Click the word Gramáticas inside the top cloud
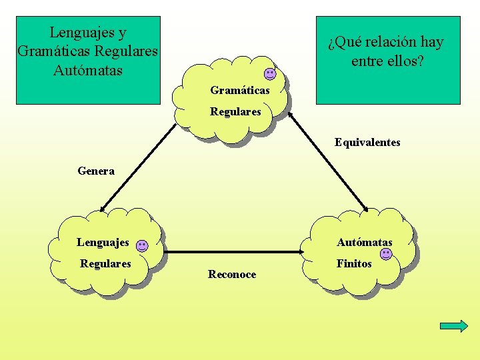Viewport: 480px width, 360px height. (239, 90)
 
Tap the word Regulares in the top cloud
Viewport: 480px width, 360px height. (235, 112)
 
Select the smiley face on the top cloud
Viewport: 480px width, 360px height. (269, 74)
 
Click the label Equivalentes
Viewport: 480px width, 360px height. (367, 142)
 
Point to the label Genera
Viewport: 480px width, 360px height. (96, 171)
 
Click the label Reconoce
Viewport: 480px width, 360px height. (232, 275)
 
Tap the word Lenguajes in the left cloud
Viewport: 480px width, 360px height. (103, 242)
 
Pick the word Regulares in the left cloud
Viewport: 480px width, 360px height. (105, 263)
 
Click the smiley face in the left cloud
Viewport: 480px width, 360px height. (142, 245)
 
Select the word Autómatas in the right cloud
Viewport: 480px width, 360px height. (365, 242)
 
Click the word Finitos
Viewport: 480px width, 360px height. (354, 263)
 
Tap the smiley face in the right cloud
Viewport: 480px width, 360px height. (386, 254)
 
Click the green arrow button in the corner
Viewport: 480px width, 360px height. (454, 325)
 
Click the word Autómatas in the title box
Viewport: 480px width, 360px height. (88, 69)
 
